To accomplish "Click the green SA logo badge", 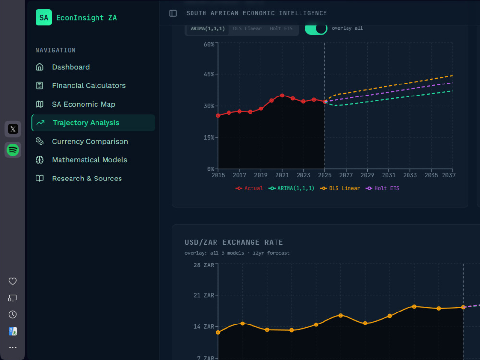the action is pyautogui.click(x=44, y=17).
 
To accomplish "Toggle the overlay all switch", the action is pyautogui.click(x=316, y=28).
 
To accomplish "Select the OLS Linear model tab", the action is pyautogui.click(x=247, y=28).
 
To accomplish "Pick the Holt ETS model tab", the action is pyautogui.click(x=281, y=28).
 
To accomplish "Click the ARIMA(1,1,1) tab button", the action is pyautogui.click(x=207, y=28).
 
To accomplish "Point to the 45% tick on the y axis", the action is pyautogui.click(x=209, y=74).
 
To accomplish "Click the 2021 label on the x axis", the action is pyautogui.click(x=282, y=175).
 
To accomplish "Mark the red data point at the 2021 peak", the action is pyautogui.click(x=282, y=96).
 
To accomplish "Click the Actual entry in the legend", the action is pyautogui.click(x=249, y=188).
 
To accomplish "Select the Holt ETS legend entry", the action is pyautogui.click(x=383, y=188).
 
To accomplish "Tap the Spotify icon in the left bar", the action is pyautogui.click(x=13, y=150).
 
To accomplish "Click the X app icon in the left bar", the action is pyautogui.click(x=13, y=129).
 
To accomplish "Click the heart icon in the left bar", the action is pyautogui.click(x=12, y=281).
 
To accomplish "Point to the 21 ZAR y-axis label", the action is pyautogui.click(x=204, y=295).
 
